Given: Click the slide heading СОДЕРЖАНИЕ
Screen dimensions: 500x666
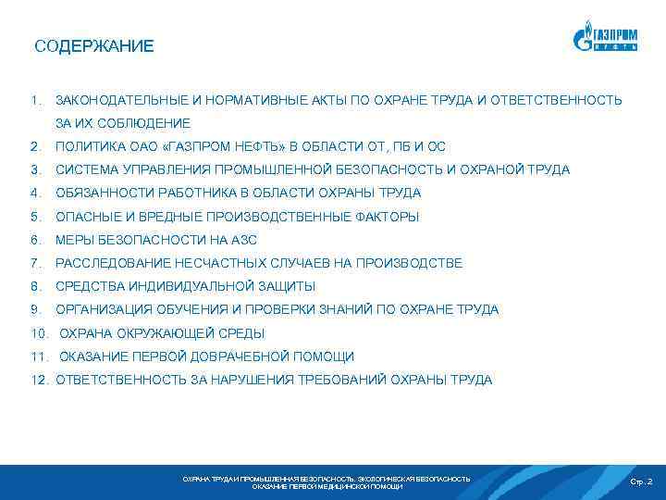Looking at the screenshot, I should click(x=94, y=45).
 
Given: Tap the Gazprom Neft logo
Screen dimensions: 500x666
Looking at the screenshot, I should click(x=606, y=40).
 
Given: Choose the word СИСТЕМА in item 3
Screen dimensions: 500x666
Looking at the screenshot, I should click(x=84, y=169).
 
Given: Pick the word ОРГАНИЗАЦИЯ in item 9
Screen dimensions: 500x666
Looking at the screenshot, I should click(x=105, y=309).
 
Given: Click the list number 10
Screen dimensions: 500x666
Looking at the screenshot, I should click(x=39, y=333).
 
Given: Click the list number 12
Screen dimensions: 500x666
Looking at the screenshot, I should click(x=39, y=380).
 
